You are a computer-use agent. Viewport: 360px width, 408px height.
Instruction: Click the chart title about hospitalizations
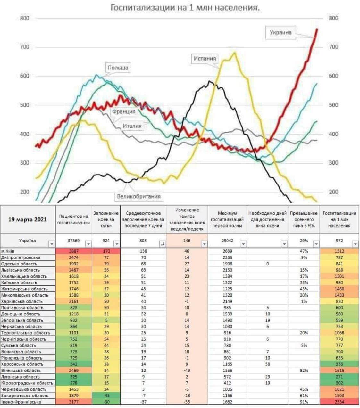185,7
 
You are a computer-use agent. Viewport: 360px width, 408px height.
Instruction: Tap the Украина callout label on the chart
280,32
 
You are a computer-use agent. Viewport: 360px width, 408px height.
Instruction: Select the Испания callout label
205,59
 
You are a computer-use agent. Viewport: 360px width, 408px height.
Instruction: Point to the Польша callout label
118,68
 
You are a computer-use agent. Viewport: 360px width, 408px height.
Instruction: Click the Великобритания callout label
138,196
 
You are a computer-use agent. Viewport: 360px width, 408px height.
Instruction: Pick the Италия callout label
132,126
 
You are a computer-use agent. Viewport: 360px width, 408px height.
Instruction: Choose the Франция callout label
123,112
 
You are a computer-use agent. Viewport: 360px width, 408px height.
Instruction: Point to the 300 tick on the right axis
333,163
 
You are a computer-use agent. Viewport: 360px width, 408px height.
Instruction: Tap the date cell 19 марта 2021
27,220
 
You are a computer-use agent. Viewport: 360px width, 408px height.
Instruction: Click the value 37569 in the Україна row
73,241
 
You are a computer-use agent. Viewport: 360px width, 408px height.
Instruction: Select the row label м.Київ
8,251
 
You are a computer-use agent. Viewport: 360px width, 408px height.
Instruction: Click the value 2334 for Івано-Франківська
339,402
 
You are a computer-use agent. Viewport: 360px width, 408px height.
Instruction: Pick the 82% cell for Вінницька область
304,371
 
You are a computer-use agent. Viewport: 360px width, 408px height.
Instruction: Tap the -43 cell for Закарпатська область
106,396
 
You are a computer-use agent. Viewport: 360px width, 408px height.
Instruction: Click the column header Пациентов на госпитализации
73,220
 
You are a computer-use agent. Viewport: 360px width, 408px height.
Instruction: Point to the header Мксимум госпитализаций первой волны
227,220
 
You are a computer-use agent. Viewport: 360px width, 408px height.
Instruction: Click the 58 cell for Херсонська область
267,364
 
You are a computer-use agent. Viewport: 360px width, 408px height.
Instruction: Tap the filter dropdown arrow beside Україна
52,244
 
